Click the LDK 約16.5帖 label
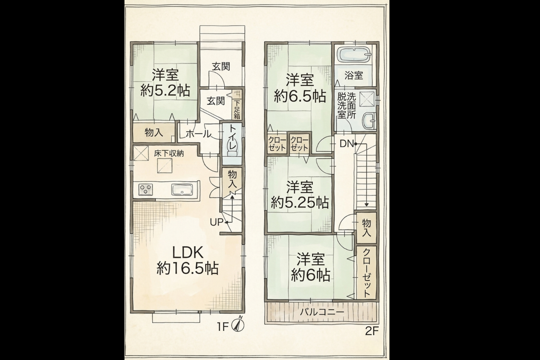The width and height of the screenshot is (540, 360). [x=188, y=261]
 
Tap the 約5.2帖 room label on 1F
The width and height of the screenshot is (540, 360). [x=165, y=83]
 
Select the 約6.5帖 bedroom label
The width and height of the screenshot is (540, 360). [x=300, y=88]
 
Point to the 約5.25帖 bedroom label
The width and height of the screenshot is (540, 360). [x=300, y=195]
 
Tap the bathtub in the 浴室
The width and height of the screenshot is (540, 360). [x=354, y=55]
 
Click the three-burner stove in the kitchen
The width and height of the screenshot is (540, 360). [x=145, y=189]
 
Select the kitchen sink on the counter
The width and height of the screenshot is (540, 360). [x=182, y=190]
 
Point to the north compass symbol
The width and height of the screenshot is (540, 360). [x=238, y=325]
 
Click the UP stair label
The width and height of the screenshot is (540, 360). [x=216, y=222]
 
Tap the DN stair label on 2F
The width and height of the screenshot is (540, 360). [x=347, y=144]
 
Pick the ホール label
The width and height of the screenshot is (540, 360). [x=198, y=134]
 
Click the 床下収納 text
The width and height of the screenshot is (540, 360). [x=169, y=154]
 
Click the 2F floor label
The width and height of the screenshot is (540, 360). [x=372, y=332]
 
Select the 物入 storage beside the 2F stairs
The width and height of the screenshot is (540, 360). [x=366, y=228]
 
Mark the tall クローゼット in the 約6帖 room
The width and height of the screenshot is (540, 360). [x=366, y=273]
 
